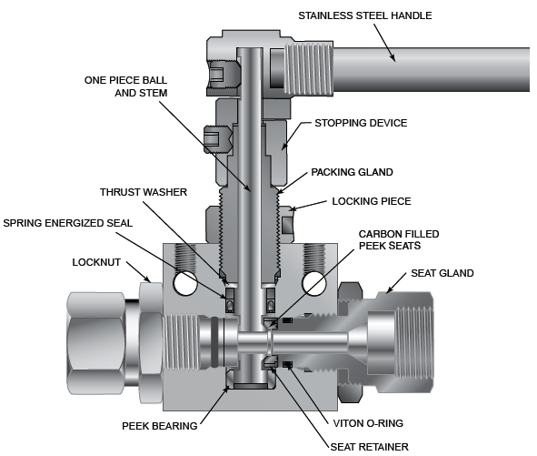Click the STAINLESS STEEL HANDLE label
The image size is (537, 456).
coord(364,15)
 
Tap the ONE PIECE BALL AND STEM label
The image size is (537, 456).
coord(125,86)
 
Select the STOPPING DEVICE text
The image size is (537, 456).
coord(361,123)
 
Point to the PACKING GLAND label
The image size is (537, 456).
coord(352,172)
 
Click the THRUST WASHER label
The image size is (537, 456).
coord(144,192)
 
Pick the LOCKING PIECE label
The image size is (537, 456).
coord(372,201)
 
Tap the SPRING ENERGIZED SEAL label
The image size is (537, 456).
coord(68,223)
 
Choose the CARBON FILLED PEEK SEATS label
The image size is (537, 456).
coord(399,240)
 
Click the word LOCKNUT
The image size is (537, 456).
coord(96,262)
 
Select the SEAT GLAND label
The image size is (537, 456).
coord(443,273)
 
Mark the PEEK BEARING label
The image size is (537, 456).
coord(160,426)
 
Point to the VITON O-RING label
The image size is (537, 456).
coord(368,423)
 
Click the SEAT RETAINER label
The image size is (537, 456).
coord(370,447)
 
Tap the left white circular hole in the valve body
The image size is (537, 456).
coord(185,283)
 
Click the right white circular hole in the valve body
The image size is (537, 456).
coord(313,283)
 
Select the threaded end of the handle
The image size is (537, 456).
coord(309,68)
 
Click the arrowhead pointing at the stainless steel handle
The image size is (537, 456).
coord(393,57)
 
